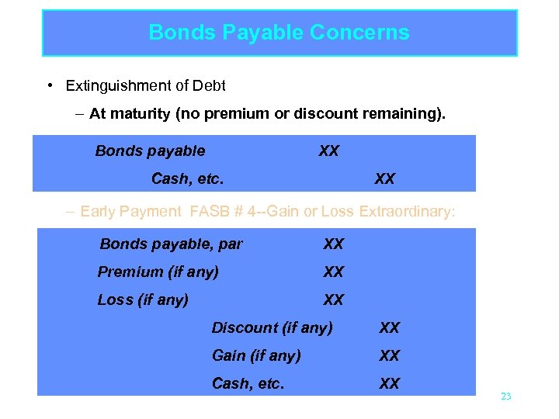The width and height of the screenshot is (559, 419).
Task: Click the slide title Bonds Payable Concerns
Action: click(x=279, y=33)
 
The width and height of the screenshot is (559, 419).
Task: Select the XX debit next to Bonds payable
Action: click(x=328, y=151)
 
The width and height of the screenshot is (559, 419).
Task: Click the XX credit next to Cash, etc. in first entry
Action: click(x=384, y=179)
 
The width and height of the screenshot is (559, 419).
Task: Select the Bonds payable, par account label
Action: click(x=171, y=244)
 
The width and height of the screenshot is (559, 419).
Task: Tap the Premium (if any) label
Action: click(x=158, y=272)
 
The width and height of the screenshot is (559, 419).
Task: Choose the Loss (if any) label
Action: click(x=143, y=300)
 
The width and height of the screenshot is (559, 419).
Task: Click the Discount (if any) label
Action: click(x=272, y=328)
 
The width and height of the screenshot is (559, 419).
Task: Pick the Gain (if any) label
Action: click(x=256, y=356)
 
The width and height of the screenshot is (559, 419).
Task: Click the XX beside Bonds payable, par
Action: click(x=333, y=244)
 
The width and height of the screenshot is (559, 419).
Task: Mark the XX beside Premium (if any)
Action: click(x=333, y=272)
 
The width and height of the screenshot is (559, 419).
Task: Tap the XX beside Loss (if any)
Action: click(x=333, y=300)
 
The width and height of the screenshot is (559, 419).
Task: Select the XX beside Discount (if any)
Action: click(x=389, y=328)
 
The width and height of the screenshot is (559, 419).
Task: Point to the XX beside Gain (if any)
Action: click(x=389, y=356)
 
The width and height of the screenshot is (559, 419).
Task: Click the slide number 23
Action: click(x=506, y=396)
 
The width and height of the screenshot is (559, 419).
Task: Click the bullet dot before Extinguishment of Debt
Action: click(x=49, y=85)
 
